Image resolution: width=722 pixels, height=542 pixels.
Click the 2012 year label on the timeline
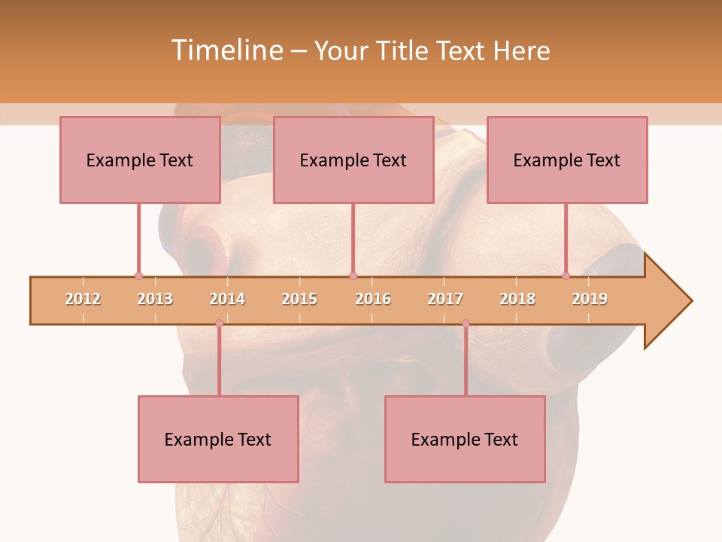(x=83, y=299)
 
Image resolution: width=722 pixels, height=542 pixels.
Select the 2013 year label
(x=155, y=299)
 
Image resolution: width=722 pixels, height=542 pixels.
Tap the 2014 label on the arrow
(x=227, y=299)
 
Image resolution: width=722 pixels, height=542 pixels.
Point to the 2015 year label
(x=299, y=299)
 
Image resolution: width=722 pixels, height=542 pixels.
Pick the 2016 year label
(x=373, y=299)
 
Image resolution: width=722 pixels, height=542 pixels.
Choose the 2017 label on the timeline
(x=445, y=299)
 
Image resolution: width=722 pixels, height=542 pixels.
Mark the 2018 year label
(x=517, y=299)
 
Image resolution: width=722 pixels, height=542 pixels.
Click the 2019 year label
(x=590, y=299)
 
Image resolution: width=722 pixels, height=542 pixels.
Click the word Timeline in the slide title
(x=226, y=50)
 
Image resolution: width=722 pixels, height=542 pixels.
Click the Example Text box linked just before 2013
(x=140, y=160)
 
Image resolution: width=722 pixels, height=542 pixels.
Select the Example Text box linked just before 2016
(x=353, y=160)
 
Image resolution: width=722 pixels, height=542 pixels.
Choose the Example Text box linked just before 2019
(x=567, y=160)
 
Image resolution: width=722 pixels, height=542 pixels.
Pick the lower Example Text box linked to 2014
(x=218, y=439)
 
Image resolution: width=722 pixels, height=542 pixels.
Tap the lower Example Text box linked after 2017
(x=465, y=439)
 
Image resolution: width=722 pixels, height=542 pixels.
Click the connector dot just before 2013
(x=138, y=276)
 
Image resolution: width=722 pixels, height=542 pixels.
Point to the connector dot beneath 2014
(x=219, y=324)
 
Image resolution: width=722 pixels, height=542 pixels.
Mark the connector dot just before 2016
(x=353, y=276)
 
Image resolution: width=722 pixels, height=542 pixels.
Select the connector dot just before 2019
(x=566, y=276)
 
